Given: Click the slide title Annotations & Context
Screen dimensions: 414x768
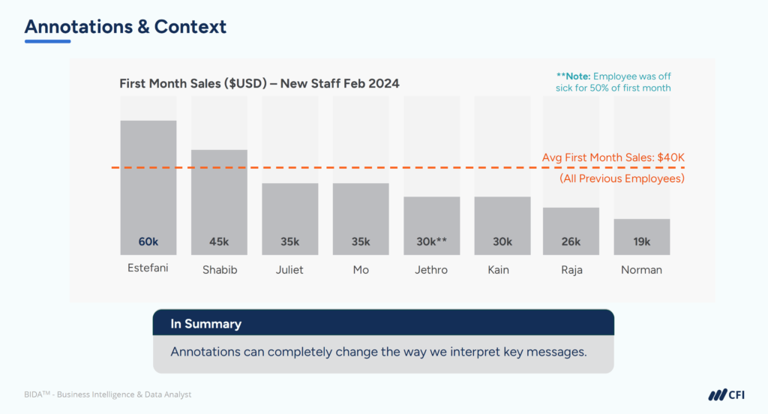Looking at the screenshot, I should (x=125, y=27).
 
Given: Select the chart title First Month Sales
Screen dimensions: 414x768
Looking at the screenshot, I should (x=259, y=83).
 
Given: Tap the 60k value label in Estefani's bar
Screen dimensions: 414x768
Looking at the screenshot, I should (x=148, y=241).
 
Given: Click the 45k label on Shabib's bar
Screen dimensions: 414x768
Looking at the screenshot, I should (x=219, y=241).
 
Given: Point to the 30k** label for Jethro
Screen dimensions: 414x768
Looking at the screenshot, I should (x=432, y=241).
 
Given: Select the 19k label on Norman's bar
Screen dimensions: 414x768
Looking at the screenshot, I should (x=641, y=241).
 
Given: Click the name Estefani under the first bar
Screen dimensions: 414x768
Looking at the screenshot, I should (x=148, y=268).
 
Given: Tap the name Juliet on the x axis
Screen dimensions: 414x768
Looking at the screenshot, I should (x=289, y=269).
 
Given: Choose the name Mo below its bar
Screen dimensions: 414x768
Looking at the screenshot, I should (x=361, y=269).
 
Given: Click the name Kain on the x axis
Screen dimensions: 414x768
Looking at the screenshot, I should (x=502, y=269).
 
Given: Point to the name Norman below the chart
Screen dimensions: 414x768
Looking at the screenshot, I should (x=641, y=269).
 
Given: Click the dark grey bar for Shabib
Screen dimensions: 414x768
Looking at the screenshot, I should (x=219, y=195).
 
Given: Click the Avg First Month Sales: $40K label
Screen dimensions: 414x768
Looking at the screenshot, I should (x=613, y=157).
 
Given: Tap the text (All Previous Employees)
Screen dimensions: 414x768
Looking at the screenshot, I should (x=622, y=178).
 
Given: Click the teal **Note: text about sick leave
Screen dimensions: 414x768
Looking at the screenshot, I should (x=613, y=82).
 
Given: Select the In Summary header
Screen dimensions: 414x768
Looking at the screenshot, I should (x=205, y=324).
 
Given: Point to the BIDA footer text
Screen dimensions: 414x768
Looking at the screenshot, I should (x=107, y=394).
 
